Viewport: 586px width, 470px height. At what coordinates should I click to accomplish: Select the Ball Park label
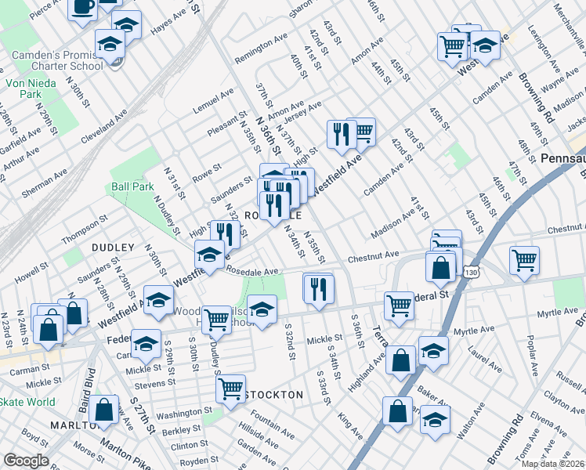click(x=132, y=187)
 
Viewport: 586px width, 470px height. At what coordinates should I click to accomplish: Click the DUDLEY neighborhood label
click(x=114, y=248)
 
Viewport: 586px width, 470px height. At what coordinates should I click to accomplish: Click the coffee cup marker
click(x=82, y=7)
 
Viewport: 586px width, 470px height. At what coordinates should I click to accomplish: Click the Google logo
click(x=26, y=461)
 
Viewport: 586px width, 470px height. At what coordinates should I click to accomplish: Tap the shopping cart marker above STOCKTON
click(x=231, y=388)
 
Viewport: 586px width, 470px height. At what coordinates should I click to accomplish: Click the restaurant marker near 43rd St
click(x=341, y=134)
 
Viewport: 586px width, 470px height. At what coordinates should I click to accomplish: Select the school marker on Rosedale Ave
click(x=209, y=255)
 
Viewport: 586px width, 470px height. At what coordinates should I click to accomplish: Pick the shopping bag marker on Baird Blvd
click(x=103, y=408)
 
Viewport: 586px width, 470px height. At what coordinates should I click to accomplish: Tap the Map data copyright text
click(x=552, y=464)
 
